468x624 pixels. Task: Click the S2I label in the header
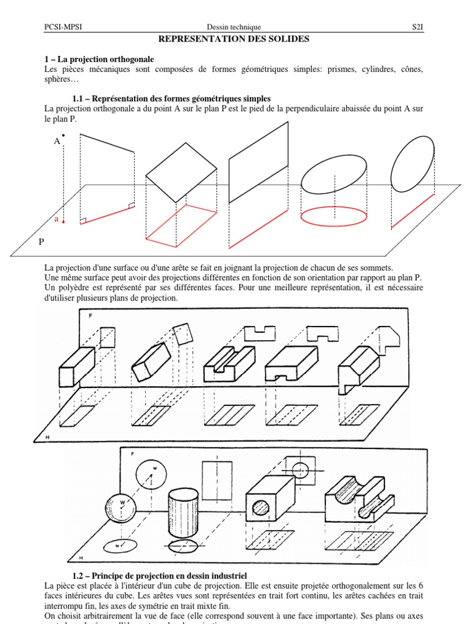(416, 27)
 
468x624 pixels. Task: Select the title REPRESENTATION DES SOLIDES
(234, 39)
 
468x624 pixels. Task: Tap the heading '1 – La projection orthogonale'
(99, 59)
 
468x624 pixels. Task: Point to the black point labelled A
(63, 135)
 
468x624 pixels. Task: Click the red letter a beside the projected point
(57, 219)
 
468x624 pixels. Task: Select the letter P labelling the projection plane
(41, 242)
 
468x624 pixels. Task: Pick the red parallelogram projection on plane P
(181, 225)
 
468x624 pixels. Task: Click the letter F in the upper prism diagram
(91, 316)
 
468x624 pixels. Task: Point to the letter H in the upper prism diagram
(47, 438)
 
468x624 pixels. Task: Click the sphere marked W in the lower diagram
(121, 505)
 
